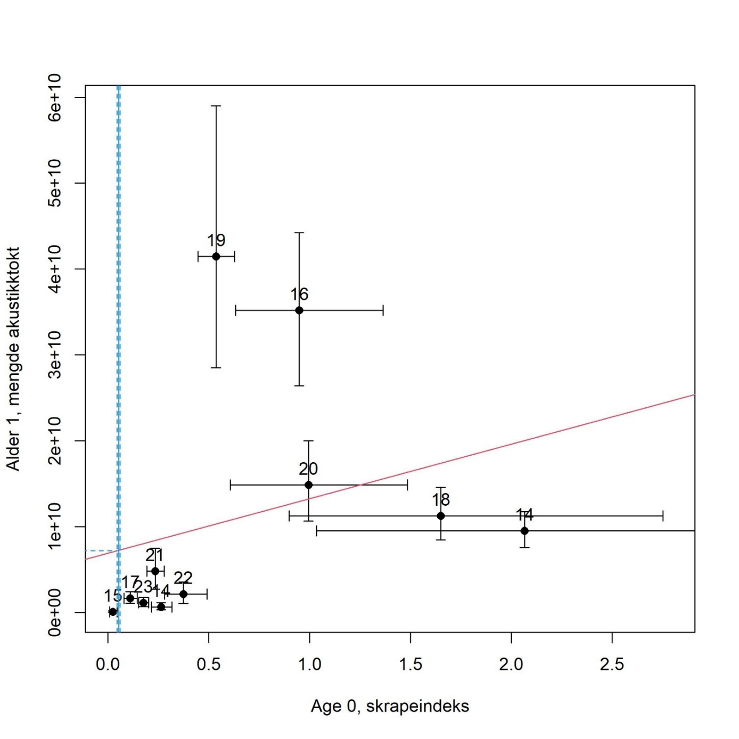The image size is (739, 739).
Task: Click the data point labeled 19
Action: pyautogui.click(x=216, y=257)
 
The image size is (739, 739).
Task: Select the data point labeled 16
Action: pyautogui.click(x=299, y=310)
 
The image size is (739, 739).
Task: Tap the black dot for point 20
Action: pyautogui.click(x=309, y=485)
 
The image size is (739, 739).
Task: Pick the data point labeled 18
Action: pyautogui.click(x=441, y=516)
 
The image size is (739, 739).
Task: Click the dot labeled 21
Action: pyautogui.click(x=155, y=571)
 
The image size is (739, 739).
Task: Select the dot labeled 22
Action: pyautogui.click(x=184, y=594)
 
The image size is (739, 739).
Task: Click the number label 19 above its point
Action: pyautogui.click(x=216, y=241)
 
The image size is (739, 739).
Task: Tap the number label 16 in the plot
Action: pyautogui.click(x=299, y=294)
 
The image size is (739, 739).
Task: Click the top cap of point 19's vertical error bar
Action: pyautogui.click(x=216, y=106)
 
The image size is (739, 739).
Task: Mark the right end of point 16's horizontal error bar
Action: pyautogui.click(x=383, y=310)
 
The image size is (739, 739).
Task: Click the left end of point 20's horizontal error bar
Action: pyautogui.click(x=230, y=485)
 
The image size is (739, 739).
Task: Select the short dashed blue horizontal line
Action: pyautogui.click(x=101, y=551)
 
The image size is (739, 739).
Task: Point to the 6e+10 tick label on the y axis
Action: pyautogui.click(x=55, y=98)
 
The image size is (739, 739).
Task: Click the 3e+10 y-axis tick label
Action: pyautogui.click(x=55, y=355)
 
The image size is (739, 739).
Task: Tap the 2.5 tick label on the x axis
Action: pyautogui.click(x=612, y=664)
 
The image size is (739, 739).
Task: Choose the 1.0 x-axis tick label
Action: pyautogui.click(x=309, y=664)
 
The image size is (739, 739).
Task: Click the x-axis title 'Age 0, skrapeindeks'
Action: pyautogui.click(x=390, y=706)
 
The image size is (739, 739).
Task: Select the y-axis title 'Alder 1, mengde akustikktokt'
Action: pyautogui.click(x=13, y=358)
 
